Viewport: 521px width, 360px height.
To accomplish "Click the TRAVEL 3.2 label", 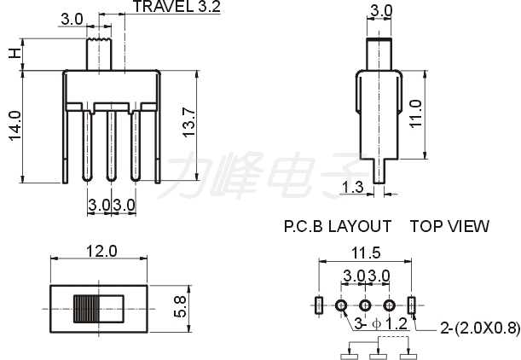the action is pos(177,6).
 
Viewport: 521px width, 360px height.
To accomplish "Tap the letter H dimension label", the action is pos(15,53).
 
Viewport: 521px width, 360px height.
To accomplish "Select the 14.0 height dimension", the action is pos(15,126).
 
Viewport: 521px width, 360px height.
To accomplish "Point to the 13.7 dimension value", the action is pos(188,122).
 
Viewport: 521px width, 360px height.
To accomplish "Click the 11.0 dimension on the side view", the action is pos(415,113).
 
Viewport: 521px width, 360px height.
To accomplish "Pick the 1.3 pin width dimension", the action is pos(352,187).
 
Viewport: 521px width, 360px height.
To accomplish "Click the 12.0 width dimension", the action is pos(101,251).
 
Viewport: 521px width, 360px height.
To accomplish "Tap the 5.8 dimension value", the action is pos(181,307).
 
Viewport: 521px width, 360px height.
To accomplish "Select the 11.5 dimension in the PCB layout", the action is pos(366,253).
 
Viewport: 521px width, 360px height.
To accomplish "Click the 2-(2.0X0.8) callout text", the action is pos(480,328).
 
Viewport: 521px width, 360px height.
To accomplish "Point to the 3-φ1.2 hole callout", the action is pos(381,323).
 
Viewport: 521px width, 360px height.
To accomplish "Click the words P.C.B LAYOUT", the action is pos(338,226).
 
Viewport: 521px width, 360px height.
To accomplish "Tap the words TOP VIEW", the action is pos(449,226).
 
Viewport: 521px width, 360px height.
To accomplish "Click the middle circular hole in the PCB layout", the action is pos(365,305).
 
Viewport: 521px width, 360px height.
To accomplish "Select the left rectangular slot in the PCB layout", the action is pos(319,305).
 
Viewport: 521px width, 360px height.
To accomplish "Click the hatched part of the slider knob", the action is pos(86,309).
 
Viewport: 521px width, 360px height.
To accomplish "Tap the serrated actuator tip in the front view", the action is pos(99,40).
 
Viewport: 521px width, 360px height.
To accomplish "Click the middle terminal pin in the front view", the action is pos(112,146).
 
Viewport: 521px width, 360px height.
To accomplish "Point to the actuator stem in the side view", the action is pos(379,54).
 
